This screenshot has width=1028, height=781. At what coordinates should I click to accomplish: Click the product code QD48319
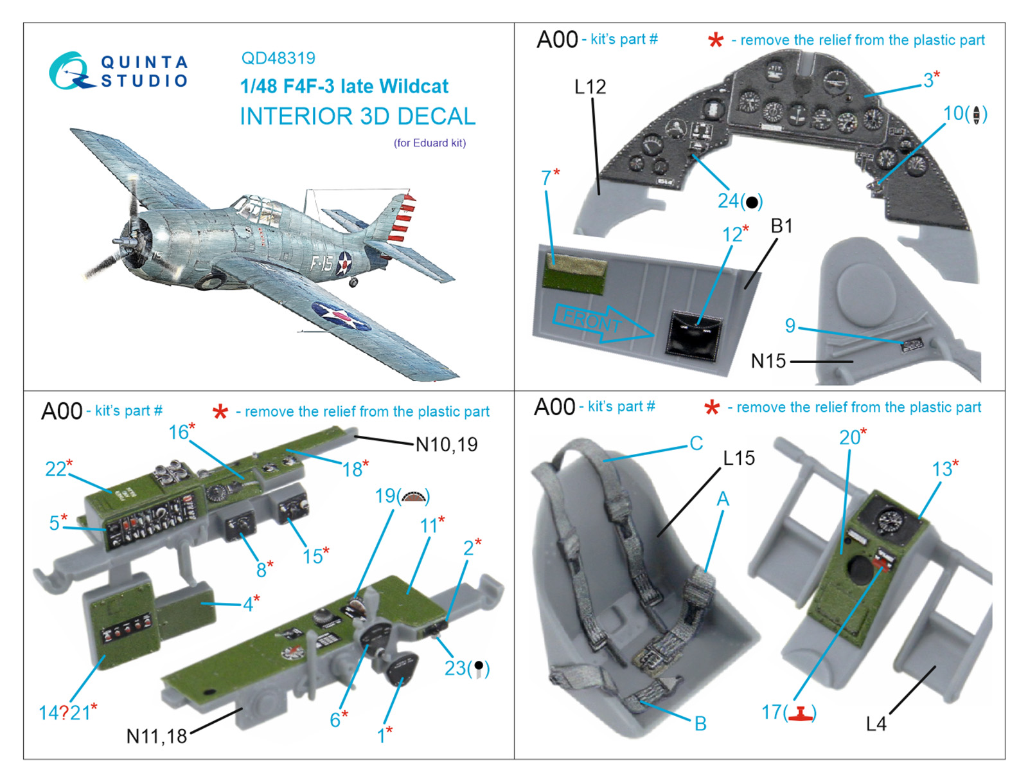coord(278,58)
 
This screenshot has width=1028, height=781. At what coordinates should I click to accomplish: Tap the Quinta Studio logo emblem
coord(69,71)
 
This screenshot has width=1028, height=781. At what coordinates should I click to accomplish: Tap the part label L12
coord(590,87)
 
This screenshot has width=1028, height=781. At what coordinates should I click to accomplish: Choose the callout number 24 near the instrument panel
coord(728,201)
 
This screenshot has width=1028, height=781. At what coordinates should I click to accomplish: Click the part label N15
coord(768,361)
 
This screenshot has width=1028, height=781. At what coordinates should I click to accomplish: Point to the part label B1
coord(781,226)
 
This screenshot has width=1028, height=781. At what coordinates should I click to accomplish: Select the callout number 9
coord(790,326)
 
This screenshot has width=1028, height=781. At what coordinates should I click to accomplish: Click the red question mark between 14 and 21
coord(64,713)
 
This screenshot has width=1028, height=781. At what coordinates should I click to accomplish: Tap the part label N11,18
coord(157,736)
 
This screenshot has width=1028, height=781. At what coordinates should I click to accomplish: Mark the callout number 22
coord(55,469)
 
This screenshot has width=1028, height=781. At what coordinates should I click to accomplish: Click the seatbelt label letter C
coord(696,444)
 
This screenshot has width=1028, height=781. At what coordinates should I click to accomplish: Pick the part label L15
coord(739,458)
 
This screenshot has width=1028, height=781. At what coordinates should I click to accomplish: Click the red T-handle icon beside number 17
coord(801,713)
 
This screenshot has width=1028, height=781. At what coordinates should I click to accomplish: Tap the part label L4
coord(876,724)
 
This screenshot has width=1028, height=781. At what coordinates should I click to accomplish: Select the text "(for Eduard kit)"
coord(430,143)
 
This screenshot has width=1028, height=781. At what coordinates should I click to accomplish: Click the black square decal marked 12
coord(693,332)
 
